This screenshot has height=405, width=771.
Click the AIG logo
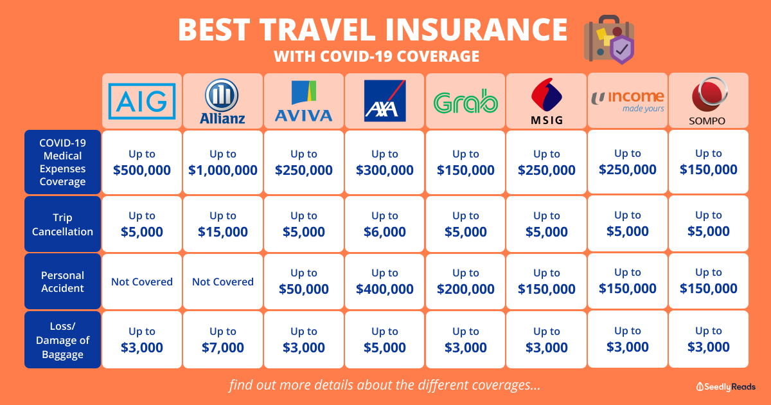point(142,102)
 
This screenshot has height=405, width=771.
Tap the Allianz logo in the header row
point(222,102)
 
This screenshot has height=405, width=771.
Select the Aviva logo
point(303,102)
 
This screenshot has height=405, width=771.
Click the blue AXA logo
point(385,101)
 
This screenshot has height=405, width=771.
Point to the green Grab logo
point(466,102)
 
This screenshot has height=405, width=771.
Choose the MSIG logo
point(547,102)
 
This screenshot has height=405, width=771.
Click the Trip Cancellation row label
point(63,224)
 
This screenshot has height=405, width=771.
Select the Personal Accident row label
point(63,282)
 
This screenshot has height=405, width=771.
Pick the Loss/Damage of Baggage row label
point(63,340)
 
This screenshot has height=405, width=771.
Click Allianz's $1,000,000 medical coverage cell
point(223,162)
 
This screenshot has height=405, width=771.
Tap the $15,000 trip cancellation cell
point(223,224)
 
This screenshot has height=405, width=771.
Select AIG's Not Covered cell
point(142,282)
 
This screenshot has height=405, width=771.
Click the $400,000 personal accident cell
point(384,282)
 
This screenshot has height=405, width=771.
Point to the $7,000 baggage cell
point(223,339)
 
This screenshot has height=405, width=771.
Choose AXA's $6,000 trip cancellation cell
point(384,224)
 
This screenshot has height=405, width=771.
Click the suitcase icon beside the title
point(609,40)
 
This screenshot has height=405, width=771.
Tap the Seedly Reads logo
point(726,387)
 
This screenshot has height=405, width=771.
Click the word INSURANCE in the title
point(476,30)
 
